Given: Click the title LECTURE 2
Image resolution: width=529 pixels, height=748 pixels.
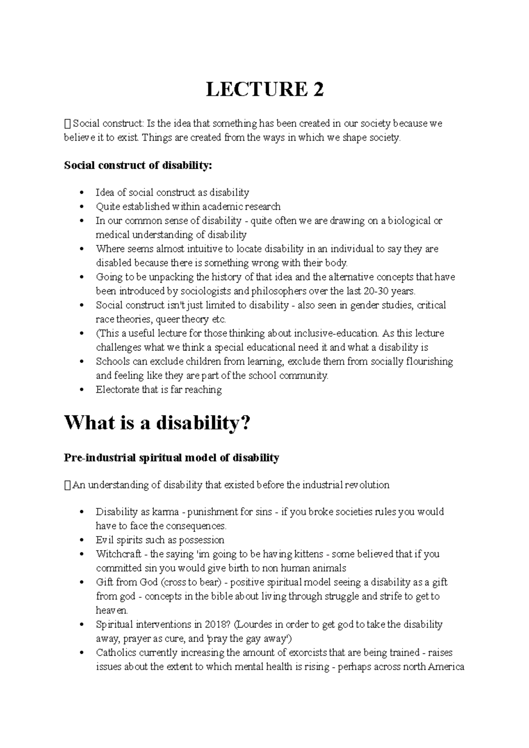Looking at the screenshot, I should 265,89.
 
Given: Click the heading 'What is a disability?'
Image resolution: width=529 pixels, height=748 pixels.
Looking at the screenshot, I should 157,423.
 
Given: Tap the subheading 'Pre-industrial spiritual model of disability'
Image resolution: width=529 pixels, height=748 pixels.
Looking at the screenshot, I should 171,458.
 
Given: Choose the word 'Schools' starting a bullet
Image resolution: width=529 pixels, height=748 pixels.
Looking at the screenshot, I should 112,361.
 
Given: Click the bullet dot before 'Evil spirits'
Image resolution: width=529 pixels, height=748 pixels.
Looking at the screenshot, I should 82,541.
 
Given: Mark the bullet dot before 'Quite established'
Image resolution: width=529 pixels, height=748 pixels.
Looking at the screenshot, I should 82,207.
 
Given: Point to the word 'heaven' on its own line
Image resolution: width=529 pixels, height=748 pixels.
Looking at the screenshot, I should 111,611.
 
